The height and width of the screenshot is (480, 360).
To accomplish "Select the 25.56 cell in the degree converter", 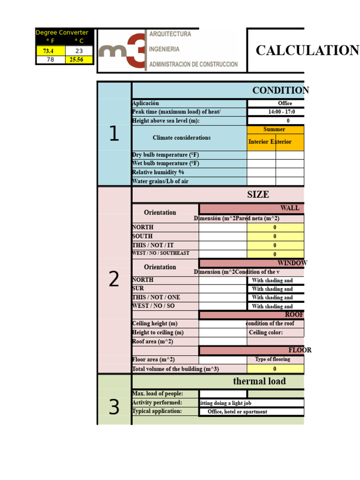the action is coord(79,60).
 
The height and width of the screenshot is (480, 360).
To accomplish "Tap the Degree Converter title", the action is coord(65,32).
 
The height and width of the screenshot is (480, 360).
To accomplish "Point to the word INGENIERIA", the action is coord(164,49).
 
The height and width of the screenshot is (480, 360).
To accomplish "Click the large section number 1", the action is coord(114,135).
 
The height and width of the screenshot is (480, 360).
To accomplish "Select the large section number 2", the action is coord(114,280).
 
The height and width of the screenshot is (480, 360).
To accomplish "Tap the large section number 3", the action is coord(114,407).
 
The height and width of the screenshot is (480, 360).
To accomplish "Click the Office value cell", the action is coord(276,103).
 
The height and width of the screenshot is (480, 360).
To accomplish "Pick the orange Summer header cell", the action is coord(275,129).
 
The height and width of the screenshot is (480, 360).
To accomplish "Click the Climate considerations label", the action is coord(181,138).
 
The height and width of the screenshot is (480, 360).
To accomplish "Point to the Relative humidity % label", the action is coord(158,172).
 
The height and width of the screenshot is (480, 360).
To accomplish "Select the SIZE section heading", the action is coord(258,195).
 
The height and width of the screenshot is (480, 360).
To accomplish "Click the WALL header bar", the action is coord(252,208).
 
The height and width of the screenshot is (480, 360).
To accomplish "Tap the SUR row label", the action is coord(138,288).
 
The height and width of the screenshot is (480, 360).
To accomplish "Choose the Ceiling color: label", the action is coord(266,332).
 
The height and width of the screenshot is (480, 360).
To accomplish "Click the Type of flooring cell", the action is coord(272,360).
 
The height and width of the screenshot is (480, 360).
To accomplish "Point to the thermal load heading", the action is coord(259,381).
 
